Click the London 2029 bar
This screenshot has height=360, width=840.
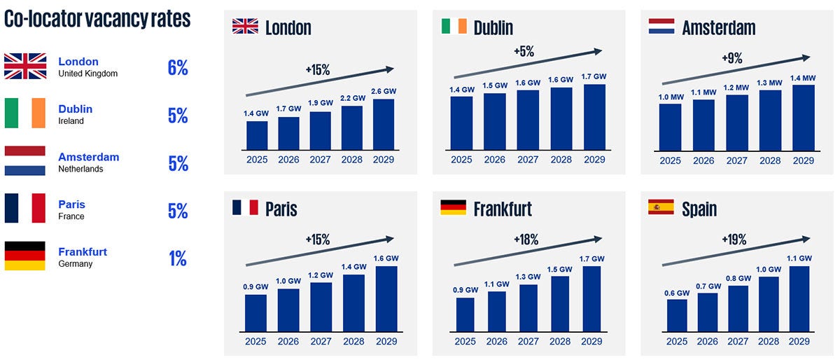click(384, 124)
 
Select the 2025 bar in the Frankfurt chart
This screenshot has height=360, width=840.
click(465, 314)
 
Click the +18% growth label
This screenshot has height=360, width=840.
click(525, 240)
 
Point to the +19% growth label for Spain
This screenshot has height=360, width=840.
click(734, 240)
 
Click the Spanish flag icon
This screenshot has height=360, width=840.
click(661, 207)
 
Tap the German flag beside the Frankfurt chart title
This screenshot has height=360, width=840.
click(453, 207)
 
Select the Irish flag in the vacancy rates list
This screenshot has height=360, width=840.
click(24, 113)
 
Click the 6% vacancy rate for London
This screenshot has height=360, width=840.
click(178, 68)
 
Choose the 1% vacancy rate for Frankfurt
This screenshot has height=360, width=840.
click(178, 258)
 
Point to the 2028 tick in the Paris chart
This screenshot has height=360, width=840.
click(353, 341)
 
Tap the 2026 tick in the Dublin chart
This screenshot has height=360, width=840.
click(494, 159)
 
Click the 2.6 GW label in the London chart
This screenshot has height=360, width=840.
click(384, 92)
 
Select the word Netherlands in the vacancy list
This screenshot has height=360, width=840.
click(80, 169)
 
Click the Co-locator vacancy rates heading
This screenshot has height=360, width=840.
click(97, 19)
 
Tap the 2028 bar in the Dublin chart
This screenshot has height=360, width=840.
click(561, 118)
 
